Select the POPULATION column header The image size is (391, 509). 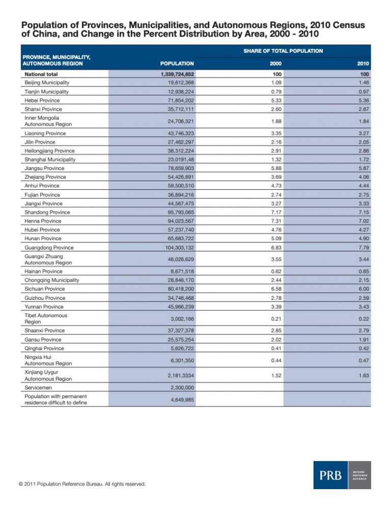point(177,64)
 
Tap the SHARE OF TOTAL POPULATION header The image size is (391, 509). point(283,51)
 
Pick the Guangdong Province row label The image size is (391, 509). point(49,247)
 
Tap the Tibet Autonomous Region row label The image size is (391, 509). point(46,319)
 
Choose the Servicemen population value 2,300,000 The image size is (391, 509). point(181,388)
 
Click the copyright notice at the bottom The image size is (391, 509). point(82,484)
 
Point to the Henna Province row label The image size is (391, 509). point(43,221)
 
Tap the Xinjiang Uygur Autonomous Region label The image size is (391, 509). point(48,375)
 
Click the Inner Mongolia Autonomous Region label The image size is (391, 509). point(48,121)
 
